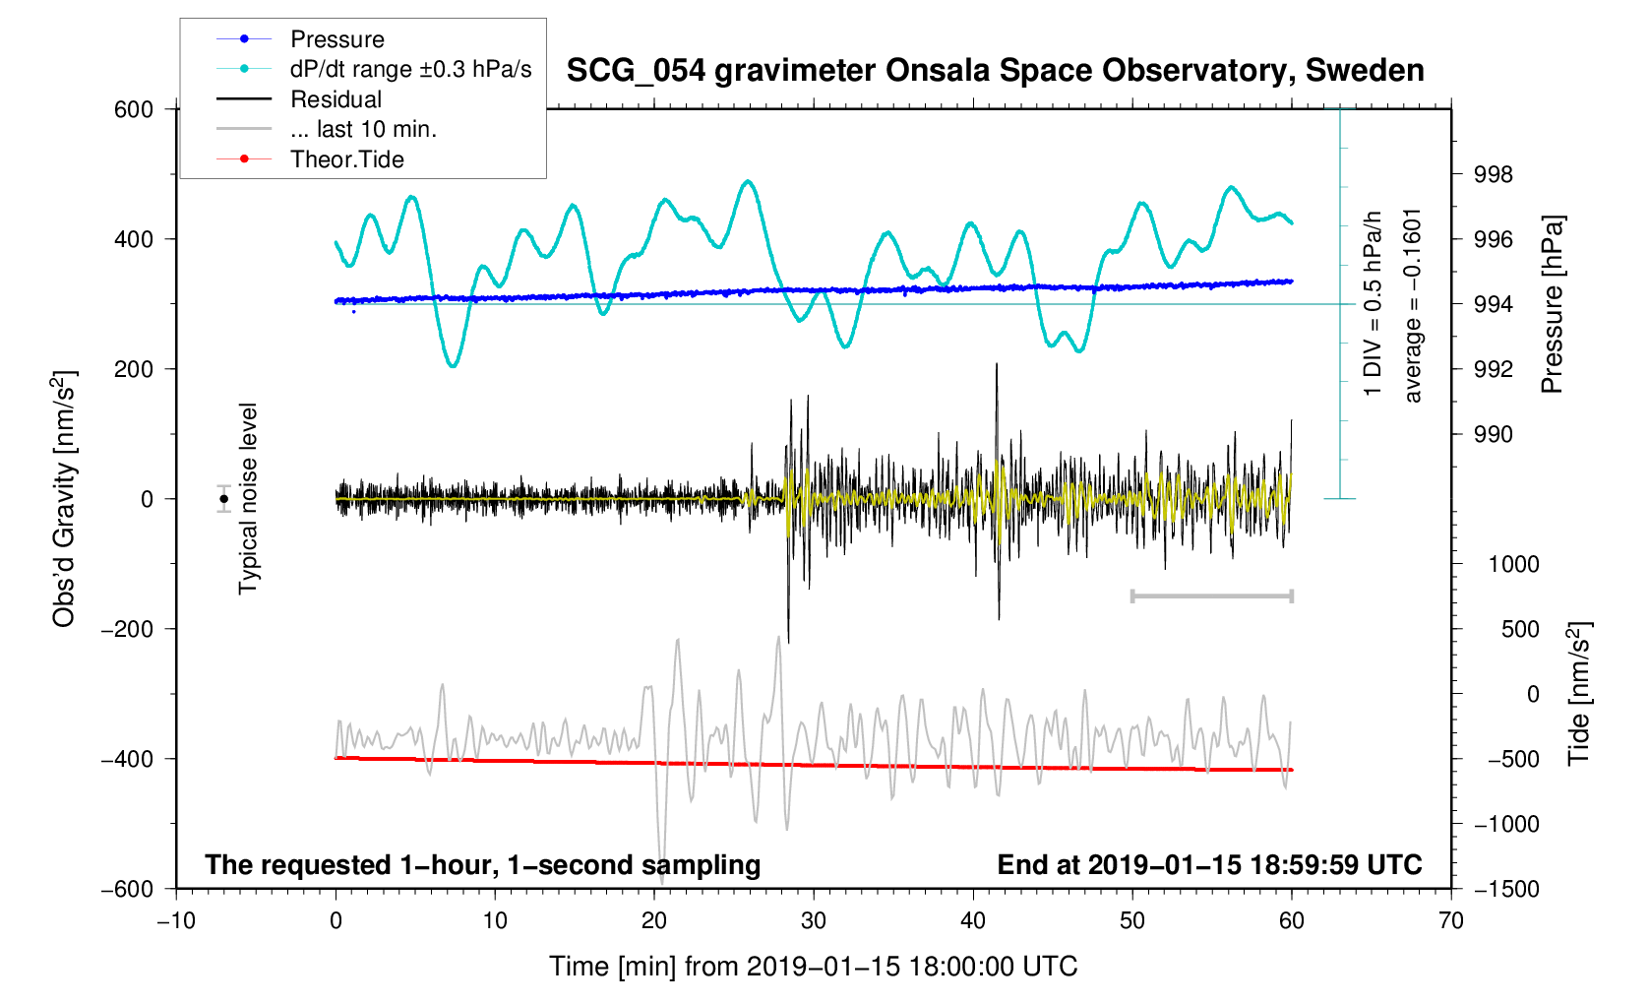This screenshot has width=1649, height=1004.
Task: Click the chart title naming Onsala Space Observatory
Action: [x=995, y=71]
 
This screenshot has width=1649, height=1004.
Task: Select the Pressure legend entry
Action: [x=336, y=39]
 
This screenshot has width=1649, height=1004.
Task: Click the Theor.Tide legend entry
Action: [x=346, y=159]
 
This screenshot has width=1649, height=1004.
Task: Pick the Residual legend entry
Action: [x=336, y=99]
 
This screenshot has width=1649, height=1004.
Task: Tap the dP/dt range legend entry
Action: [x=410, y=69]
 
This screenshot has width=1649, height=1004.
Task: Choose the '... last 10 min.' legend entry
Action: [x=363, y=129]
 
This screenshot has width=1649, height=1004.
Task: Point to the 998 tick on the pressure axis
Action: [x=1493, y=175]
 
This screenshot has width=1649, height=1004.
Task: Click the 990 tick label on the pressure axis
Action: [x=1493, y=435]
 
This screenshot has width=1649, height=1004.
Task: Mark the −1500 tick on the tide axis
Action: [x=1505, y=889]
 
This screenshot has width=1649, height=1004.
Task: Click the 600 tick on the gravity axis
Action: [x=134, y=109]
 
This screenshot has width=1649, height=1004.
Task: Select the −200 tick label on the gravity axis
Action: [x=127, y=629]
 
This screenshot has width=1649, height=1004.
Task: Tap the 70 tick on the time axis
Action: [x=1450, y=921]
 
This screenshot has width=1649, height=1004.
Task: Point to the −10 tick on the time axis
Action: [x=176, y=921]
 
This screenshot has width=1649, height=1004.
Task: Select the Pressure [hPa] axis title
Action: [x=1553, y=304]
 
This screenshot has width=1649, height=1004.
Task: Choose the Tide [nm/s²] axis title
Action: [x=1579, y=693]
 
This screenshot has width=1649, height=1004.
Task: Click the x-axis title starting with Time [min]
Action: [x=813, y=967]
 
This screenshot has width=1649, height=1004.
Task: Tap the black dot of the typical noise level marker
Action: [x=224, y=499]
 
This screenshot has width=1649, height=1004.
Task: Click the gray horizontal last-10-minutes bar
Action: [x=1211, y=596]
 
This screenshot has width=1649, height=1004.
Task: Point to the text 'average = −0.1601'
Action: [x=1413, y=305]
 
